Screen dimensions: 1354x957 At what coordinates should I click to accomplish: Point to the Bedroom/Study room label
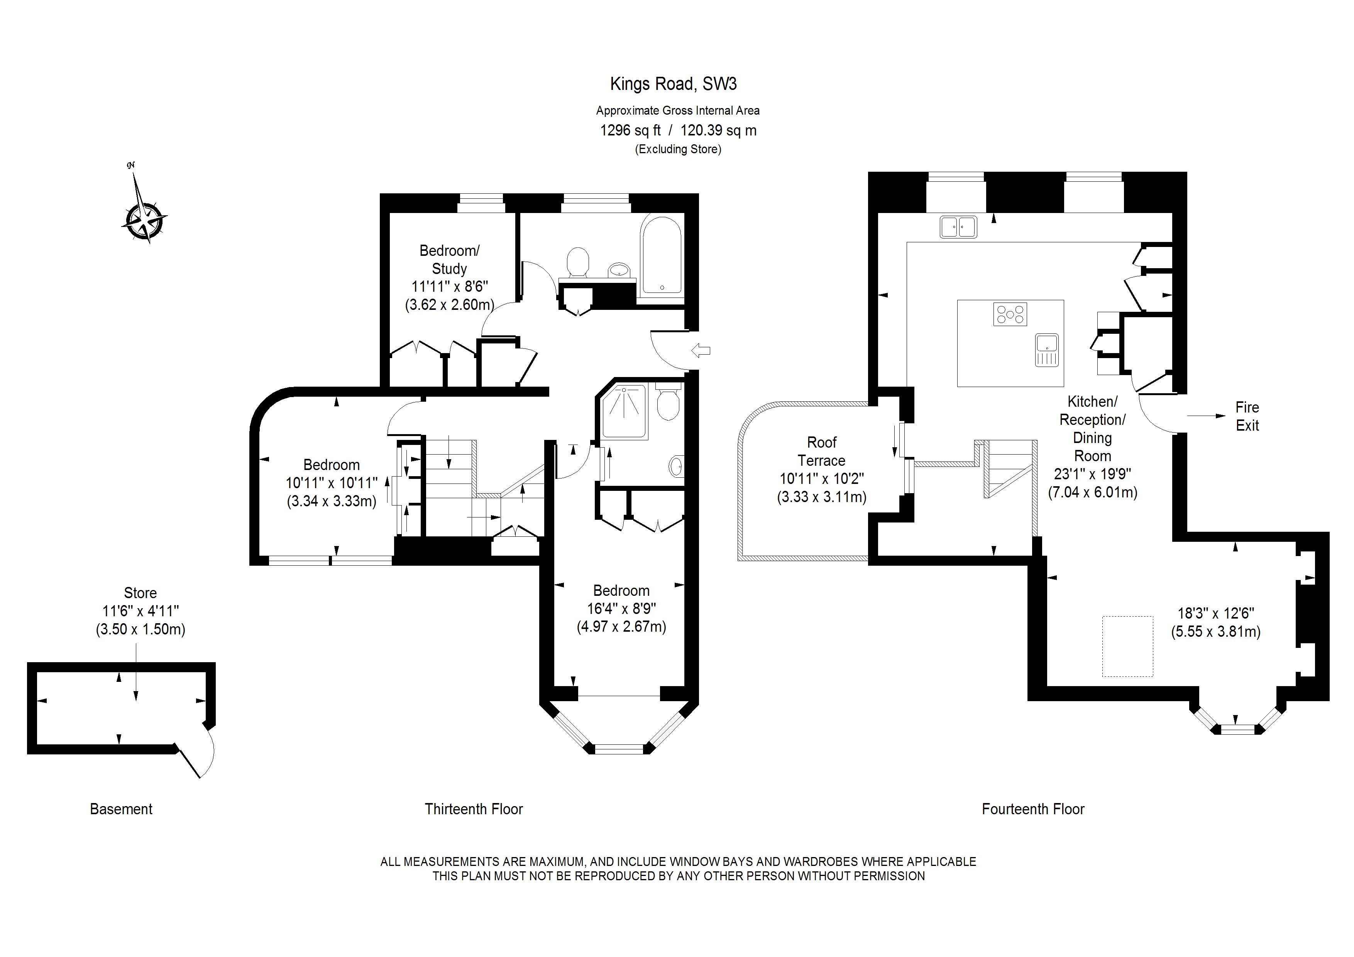point(449,259)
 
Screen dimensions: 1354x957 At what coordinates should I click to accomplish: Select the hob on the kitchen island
point(1010,314)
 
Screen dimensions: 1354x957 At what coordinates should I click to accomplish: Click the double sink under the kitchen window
point(958,227)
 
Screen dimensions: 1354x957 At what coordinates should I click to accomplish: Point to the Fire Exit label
point(1247,416)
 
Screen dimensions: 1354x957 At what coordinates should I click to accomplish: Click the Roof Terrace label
point(821,451)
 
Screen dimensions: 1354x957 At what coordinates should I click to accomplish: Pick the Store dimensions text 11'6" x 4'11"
point(140,611)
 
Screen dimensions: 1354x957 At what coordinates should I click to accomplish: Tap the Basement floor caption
point(121,809)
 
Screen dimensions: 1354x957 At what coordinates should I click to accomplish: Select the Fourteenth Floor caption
point(1033,809)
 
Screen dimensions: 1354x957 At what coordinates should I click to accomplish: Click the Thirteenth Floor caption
point(474,809)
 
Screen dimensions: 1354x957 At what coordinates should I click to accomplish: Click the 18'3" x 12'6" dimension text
point(1215,613)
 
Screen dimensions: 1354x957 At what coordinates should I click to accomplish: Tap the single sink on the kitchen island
point(1047,350)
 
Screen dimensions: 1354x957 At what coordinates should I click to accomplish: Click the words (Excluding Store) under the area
point(678,149)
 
